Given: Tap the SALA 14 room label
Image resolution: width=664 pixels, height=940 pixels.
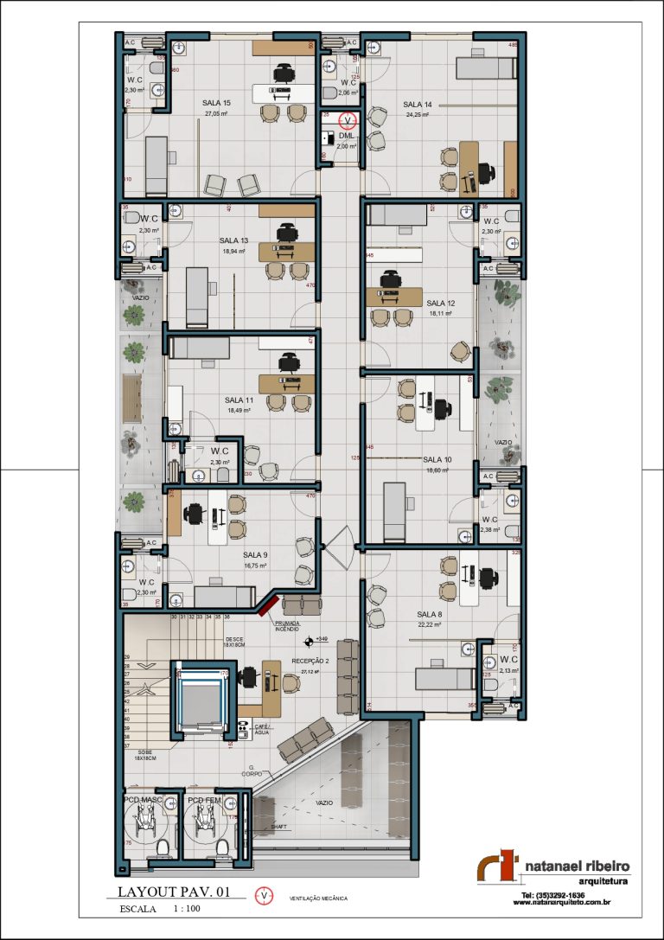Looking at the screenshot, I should [417, 104].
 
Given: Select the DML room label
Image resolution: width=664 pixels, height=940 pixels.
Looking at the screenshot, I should [346, 137].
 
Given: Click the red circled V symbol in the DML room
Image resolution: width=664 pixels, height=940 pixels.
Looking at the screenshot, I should [348, 120].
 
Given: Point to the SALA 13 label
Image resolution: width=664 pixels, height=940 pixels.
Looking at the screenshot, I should [233, 240].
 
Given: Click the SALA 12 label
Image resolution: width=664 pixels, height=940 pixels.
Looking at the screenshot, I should [440, 304].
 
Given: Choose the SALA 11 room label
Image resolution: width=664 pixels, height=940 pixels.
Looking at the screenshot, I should [239, 400].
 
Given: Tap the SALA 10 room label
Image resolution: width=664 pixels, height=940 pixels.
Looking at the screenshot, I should [437, 460].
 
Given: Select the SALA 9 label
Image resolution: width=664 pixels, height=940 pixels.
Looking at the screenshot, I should [255, 555].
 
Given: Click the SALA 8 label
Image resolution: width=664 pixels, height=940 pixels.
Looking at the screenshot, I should [430, 614].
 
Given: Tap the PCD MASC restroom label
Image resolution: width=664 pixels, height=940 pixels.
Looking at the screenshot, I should [144, 800].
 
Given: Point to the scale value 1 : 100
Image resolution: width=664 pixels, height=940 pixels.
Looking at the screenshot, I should [187, 909].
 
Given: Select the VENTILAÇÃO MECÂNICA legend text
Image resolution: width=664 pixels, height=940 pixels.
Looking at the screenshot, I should [318, 898].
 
